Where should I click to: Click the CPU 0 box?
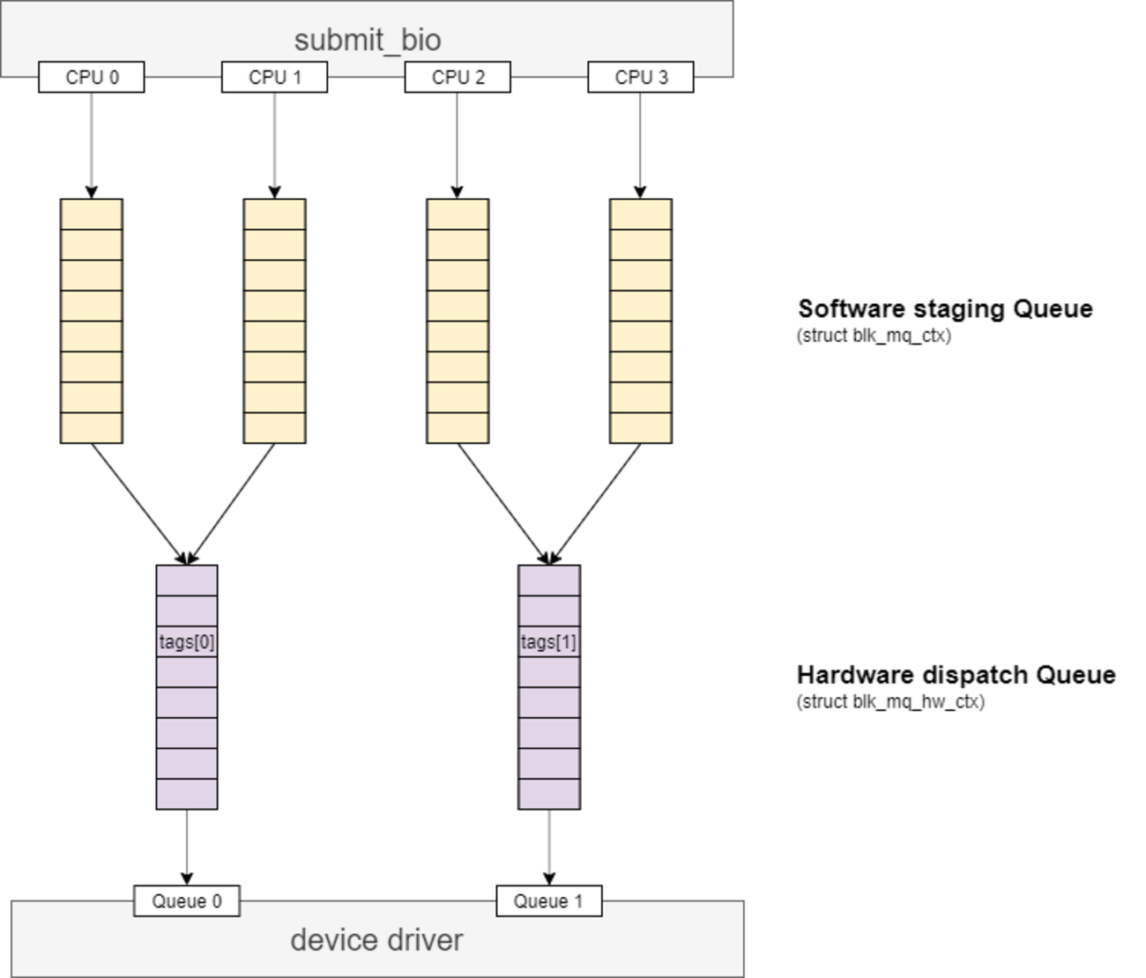92,78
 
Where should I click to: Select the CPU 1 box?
274,78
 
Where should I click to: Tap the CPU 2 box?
458,78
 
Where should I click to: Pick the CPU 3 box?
641,78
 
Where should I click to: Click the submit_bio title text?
368,40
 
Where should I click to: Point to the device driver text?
376,940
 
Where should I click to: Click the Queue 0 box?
187,901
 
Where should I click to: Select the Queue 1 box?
548,901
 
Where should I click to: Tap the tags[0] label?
187,642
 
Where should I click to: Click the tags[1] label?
548,642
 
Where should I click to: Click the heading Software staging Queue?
945,309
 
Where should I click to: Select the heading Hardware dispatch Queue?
956,676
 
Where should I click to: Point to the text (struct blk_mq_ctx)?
874,336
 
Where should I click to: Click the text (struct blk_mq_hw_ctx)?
890,702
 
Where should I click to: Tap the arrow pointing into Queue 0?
187,846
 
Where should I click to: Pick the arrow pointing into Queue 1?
549,846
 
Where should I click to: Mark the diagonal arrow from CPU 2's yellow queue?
502,503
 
